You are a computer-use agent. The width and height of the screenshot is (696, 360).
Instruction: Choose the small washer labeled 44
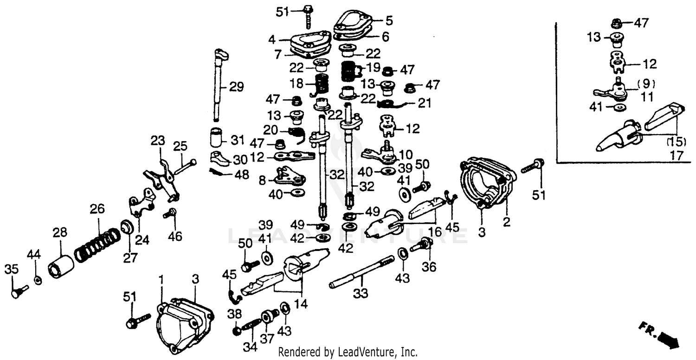(x=38, y=280)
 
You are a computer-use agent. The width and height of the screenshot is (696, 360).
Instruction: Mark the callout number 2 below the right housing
(x=506, y=222)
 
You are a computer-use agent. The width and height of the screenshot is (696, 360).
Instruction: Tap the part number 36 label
(x=429, y=268)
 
